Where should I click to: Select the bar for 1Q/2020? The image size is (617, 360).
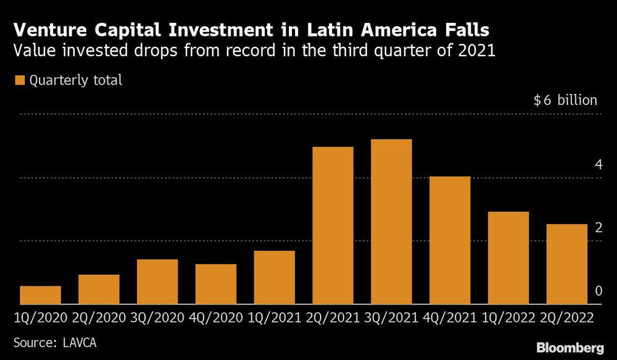pyautogui.click(x=40, y=295)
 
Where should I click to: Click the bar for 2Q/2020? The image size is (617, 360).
pyautogui.click(x=99, y=290)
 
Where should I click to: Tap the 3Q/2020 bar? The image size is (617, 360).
pyautogui.click(x=157, y=282)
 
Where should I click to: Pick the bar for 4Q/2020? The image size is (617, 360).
pyautogui.click(x=216, y=284)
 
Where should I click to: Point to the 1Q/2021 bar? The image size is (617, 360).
pyautogui.click(x=275, y=278)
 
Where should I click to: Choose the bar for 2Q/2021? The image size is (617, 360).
pyautogui.click(x=333, y=225)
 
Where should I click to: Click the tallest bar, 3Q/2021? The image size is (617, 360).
pyautogui.click(x=391, y=222)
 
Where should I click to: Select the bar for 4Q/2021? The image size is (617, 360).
pyautogui.click(x=450, y=240)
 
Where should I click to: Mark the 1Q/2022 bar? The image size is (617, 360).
pyautogui.click(x=508, y=258)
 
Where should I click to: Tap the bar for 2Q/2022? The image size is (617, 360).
pyautogui.click(x=567, y=264)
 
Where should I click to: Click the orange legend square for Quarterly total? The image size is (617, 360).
pyautogui.click(x=19, y=80)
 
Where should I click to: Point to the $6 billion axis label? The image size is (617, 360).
pyautogui.click(x=565, y=101)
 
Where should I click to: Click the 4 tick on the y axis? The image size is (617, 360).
pyautogui.click(x=598, y=165)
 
